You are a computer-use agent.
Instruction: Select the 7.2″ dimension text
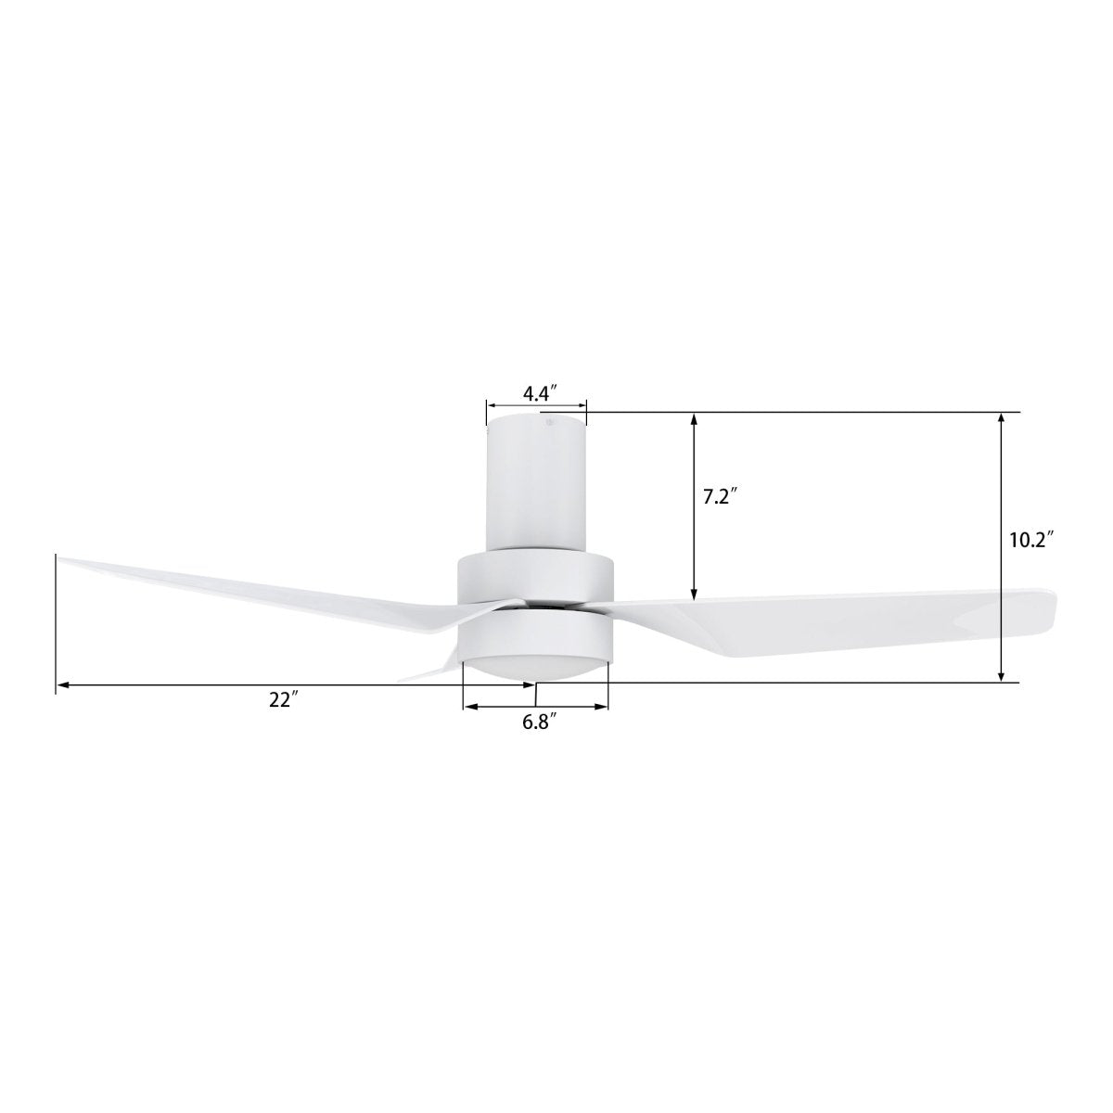[x=719, y=496]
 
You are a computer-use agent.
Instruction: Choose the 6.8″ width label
[x=538, y=721]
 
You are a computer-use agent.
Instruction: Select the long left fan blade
[x=260, y=594]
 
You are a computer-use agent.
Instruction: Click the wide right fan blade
[x=835, y=621]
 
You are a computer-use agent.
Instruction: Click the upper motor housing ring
[x=535, y=575]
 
